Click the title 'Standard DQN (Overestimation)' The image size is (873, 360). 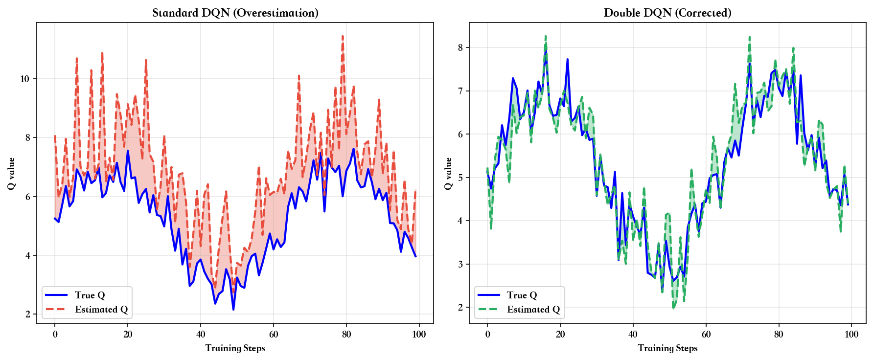(235, 13)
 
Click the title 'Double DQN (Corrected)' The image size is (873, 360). (667, 13)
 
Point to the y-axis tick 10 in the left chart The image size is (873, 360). (25, 79)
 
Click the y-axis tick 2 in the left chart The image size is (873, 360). (28, 314)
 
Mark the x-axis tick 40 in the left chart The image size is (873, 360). (201, 335)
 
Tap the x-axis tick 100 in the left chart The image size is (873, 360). (419, 335)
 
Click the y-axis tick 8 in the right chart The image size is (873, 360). (460, 47)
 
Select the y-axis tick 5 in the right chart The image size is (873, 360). (460, 178)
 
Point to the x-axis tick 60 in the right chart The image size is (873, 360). (706, 335)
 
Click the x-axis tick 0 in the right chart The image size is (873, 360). (487, 335)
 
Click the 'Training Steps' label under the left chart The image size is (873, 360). (235, 348)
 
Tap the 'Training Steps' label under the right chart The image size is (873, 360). (667, 348)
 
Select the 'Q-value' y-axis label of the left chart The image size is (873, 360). (11, 173)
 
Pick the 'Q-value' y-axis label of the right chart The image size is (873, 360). (448, 173)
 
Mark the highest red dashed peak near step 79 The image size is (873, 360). (343, 36)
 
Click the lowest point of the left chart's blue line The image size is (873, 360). (233, 309)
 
